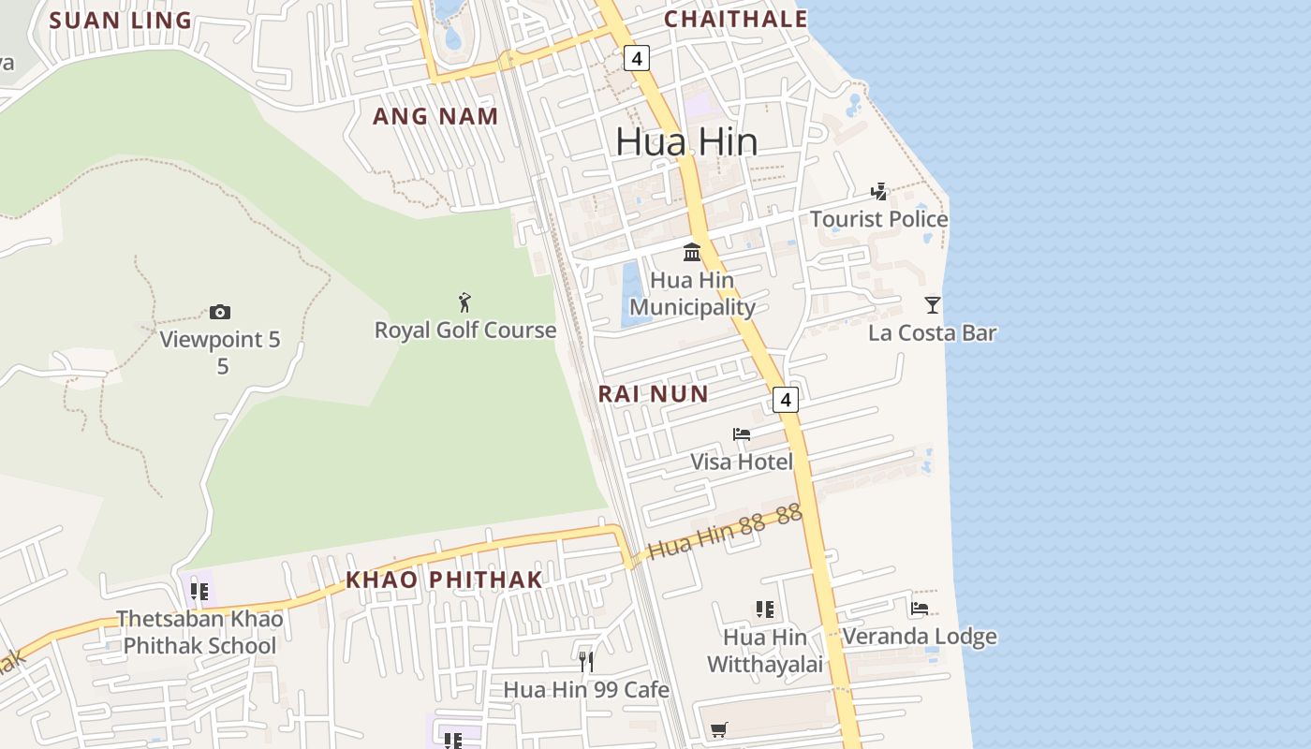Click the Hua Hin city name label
pos(686,141)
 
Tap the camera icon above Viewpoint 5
pos(220,312)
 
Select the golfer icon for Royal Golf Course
pos(464,302)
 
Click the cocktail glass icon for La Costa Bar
pos(932,304)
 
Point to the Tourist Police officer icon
pos(878,192)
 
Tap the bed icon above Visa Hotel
pos(742,433)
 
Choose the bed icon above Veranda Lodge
pos(920,609)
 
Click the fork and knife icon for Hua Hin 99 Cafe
pos(586,662)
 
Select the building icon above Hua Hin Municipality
pos(692,252)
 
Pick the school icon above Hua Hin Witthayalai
pos(764,609)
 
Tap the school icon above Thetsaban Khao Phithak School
pos(199,591)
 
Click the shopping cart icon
pos(718,729)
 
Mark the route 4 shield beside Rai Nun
pos(786,400)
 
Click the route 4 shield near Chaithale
pos(637,59)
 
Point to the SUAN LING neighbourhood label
pos(120,21)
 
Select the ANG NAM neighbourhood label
pos(435,117)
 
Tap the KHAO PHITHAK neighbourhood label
pos(444,580)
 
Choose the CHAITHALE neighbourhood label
pos(735,19)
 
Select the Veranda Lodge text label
pos(920,638)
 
